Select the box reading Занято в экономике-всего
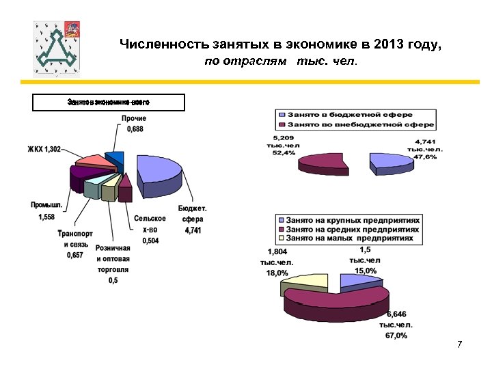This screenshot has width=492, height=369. tap(109, 102)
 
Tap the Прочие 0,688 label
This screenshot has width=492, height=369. tap(134, 124)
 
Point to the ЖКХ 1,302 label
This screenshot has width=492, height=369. tap(44, 150)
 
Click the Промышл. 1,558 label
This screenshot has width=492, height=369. tap(46, 210)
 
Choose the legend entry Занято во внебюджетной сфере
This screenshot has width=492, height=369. tap(355, 125)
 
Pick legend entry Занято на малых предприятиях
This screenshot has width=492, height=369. tap(348, 238)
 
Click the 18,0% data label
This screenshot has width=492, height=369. tap(277, 273)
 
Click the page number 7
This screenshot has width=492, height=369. tap(460, 343)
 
